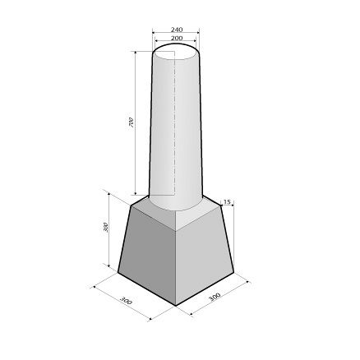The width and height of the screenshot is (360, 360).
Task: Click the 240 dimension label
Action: click(177, 30)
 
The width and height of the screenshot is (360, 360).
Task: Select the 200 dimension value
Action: click(177, 38)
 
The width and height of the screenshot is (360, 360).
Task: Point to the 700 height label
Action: click(132, 122)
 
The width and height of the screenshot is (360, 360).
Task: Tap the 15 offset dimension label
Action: click(227, 202)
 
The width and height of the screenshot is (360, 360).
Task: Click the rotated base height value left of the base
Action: click(106, 228)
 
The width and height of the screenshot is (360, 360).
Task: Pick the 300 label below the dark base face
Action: click(127, 300)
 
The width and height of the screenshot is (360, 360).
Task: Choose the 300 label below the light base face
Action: click(215, 297)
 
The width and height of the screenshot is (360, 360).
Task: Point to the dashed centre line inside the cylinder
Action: click(174, 123)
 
